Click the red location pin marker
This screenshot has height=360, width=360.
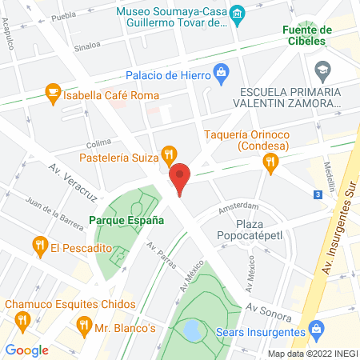coord(180,178)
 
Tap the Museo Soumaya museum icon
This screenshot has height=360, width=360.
coord(237,14)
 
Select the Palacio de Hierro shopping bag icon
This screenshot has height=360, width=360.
coord(220,76)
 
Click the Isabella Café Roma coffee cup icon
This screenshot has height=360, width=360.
coord(54,91)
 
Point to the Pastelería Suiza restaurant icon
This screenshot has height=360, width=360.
coord(168,153)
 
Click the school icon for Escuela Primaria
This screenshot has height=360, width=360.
coord(322,70)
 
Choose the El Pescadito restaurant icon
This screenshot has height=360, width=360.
coord(38,244)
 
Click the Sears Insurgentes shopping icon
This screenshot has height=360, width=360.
coord(317,329)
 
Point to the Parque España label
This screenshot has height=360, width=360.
coord(126,219)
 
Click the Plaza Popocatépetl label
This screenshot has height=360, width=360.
coord(250,230)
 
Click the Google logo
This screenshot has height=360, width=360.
coord(26,349)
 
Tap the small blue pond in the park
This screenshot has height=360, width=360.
coord(193,328)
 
